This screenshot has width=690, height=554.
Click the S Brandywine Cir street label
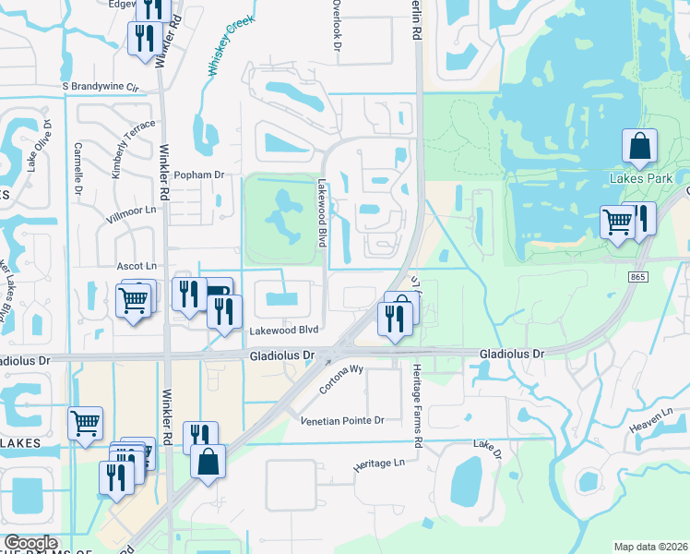pos(100,87)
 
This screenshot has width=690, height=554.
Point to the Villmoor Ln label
pos(134,210)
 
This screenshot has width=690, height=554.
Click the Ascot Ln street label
pos(135,266)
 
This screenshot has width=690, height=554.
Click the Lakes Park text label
pos(637,176)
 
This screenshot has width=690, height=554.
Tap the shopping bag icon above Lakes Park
pos(640,146)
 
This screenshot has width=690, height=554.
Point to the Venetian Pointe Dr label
pos(342,420)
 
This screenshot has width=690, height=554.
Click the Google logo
pos(30,544)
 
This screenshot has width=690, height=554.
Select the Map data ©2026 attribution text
pos(650,547)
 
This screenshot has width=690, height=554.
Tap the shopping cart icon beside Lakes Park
pos(617,222)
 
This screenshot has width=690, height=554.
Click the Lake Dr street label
pos(487,450)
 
